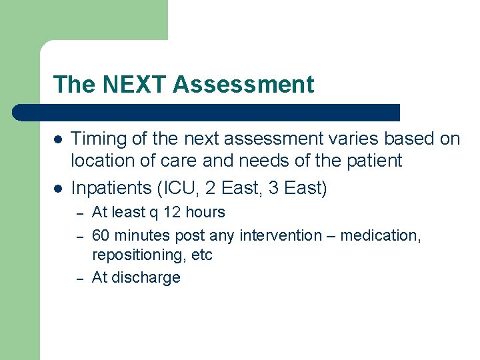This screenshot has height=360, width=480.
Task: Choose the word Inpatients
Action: (109, 189)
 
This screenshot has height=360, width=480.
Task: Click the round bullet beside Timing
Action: (58, 139)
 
